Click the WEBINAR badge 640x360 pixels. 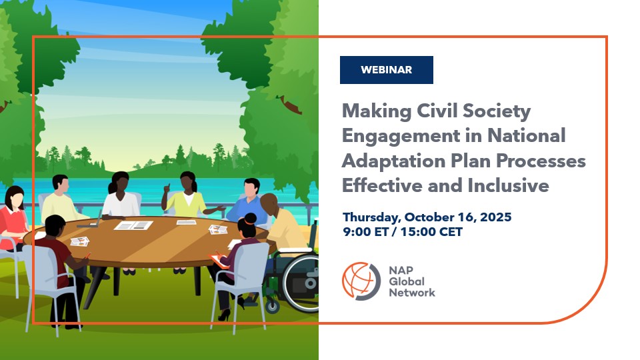pyautogui.click(x=386, y=70)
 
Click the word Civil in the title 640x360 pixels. pyautogui.click(x=436, y=111)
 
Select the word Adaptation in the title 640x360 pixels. pyautogui.click(x=393, y=161)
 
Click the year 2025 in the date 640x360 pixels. pyautogui.click(x=495, y=217)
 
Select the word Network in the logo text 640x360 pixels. pyautogui.click(x=412, y=293)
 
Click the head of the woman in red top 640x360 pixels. pyautogui.click(x=14, y=197)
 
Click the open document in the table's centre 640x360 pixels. pyautogui.click(x=133, y=225)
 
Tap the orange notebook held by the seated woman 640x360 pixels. pyautogui.click(x=219, y=261)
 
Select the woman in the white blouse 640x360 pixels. pyautogui.click(x=121, y=195)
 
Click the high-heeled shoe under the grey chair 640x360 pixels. pyautogui.click(x=224, y=315)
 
